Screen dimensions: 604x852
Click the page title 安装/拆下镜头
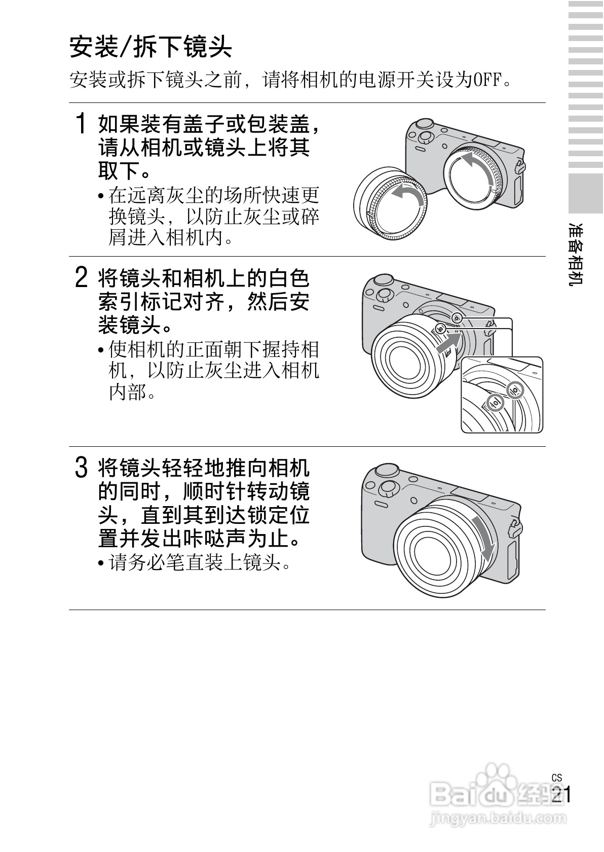(150, 47)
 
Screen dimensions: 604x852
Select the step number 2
(81, 277)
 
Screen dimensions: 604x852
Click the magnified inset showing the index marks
(502, 395)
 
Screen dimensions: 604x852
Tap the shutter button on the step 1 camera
(424, 124)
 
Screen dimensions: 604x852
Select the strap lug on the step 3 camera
(515, 526)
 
